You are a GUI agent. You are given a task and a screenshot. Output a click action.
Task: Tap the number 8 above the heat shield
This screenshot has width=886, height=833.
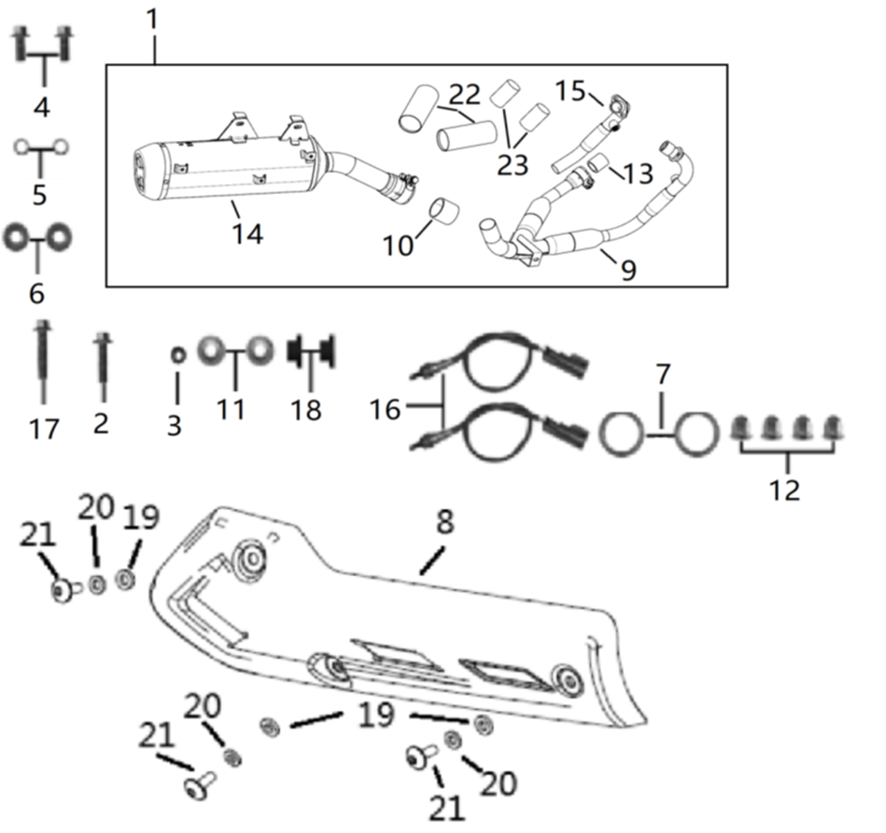click(x=445, y=523)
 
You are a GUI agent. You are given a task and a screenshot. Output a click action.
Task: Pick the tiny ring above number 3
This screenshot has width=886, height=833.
click(x=176, y=354)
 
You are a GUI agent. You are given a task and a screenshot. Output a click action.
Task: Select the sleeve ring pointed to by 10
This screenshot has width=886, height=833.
click(x=441, y=210)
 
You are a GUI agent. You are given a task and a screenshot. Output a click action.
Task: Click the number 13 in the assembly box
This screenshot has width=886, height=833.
click(x=638, y=175)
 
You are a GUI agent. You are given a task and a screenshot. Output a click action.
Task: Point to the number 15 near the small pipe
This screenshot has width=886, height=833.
click(x=571, y=90)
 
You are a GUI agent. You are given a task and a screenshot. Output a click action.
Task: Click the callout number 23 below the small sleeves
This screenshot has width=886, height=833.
click(x=512, y=164)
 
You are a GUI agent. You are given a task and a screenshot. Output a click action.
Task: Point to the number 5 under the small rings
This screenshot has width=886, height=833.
click(x=40, y=193)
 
